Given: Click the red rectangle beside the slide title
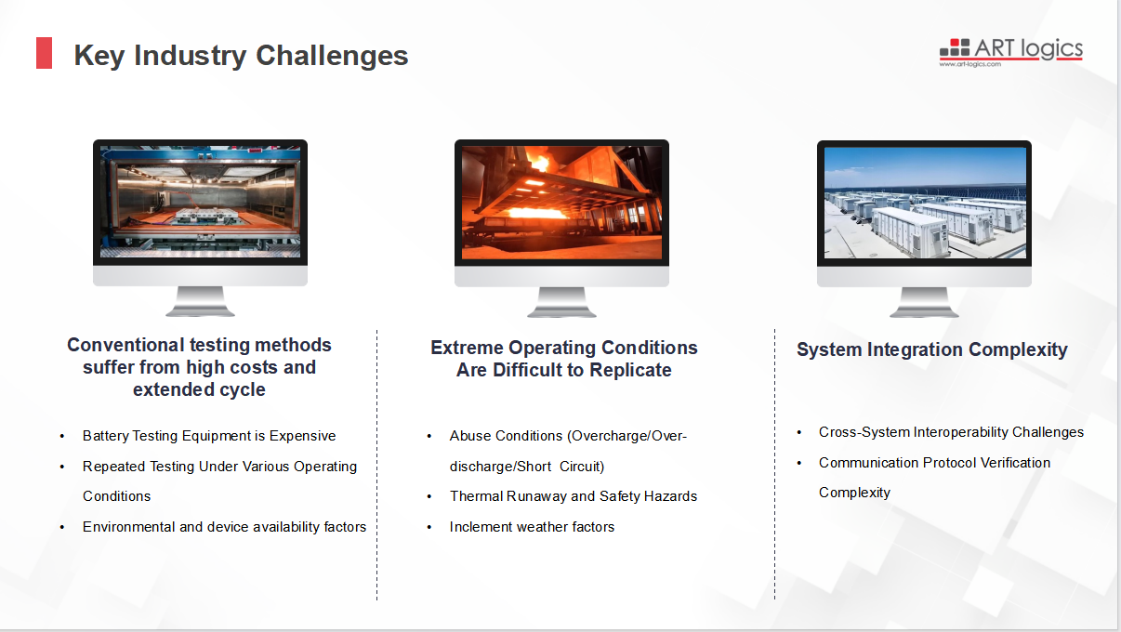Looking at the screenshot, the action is click(44, 53).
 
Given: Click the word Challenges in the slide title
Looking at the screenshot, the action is click(332, 55).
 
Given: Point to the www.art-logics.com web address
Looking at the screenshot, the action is click(969, 64).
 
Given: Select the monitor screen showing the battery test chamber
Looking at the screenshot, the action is click(200, 202).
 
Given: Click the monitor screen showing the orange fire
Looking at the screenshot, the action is click(561, 203).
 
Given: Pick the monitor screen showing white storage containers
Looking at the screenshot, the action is click(925, 203).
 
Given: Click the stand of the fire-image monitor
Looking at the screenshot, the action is click(561, 302).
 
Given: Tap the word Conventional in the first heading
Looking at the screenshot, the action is click(126, 345).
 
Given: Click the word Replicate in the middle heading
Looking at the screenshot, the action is click(630, 370).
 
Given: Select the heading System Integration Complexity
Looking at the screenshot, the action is click(931, 349).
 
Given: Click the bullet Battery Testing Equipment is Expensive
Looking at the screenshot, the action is click(209, 436).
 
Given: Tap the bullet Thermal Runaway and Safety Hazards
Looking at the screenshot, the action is click(574, 496).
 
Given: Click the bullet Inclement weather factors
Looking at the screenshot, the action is click(532, 527).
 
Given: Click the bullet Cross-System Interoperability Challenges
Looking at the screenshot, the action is click(951, 432).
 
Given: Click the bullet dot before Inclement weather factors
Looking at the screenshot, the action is click(429, 527).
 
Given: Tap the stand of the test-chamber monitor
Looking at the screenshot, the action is click(200, 301).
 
